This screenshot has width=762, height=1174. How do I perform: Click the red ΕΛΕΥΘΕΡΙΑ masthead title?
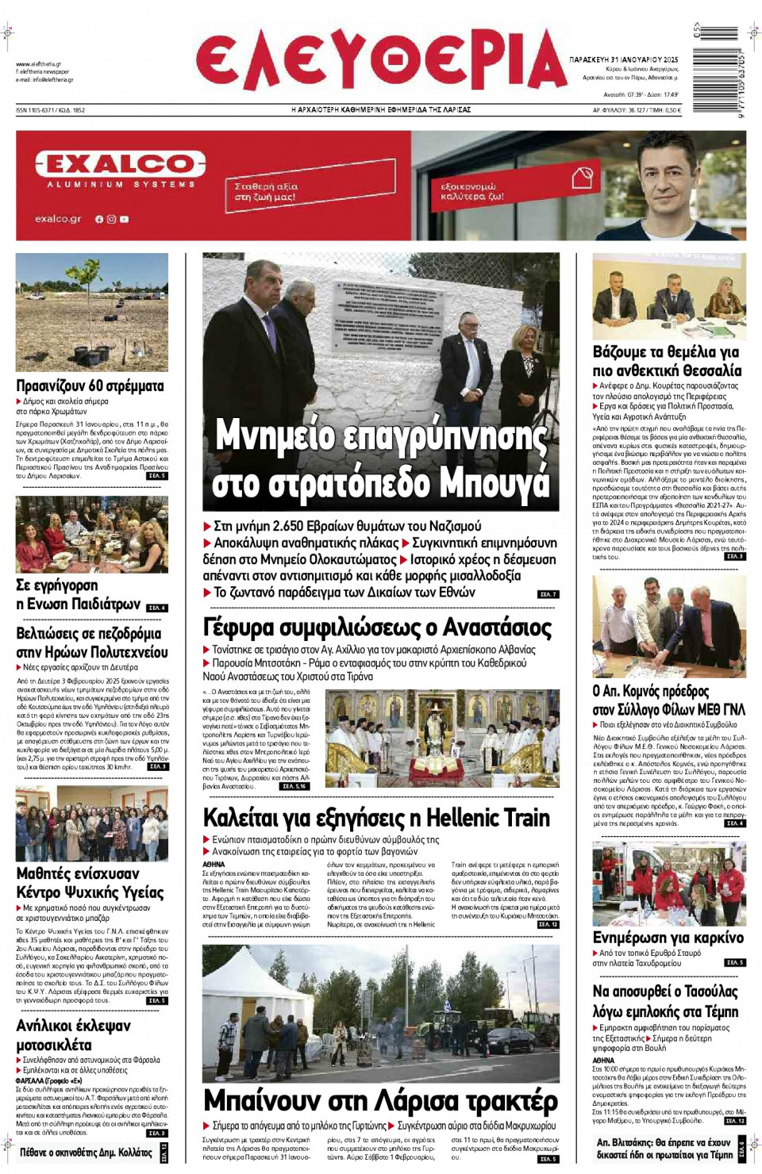[381, 61]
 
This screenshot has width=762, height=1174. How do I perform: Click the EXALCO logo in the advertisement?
[121, 165]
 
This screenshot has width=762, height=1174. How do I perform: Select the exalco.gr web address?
[58, 219]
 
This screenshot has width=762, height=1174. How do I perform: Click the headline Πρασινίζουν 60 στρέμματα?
[90, 386]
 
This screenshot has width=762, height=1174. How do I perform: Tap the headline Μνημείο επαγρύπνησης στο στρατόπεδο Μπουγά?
[381, 460]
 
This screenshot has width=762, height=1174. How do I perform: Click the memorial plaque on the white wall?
[388, 314]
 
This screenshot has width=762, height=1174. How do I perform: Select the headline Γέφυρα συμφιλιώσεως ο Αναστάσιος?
[377, 627]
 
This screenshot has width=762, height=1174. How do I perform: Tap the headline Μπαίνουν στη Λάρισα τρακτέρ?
[380, 1101]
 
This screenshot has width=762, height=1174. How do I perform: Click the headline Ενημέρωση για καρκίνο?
[668, 938]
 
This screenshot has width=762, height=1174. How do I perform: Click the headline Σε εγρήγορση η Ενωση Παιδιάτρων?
[78, 595]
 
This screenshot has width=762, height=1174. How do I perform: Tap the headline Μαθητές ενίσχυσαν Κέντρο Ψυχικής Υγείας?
[90, 883]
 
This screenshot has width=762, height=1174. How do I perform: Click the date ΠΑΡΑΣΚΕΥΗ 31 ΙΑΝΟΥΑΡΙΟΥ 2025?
[623, 59]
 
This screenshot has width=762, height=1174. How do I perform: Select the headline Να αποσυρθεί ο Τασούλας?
[665, 1001]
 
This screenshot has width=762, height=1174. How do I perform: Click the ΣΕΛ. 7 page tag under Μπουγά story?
[548, 594]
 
